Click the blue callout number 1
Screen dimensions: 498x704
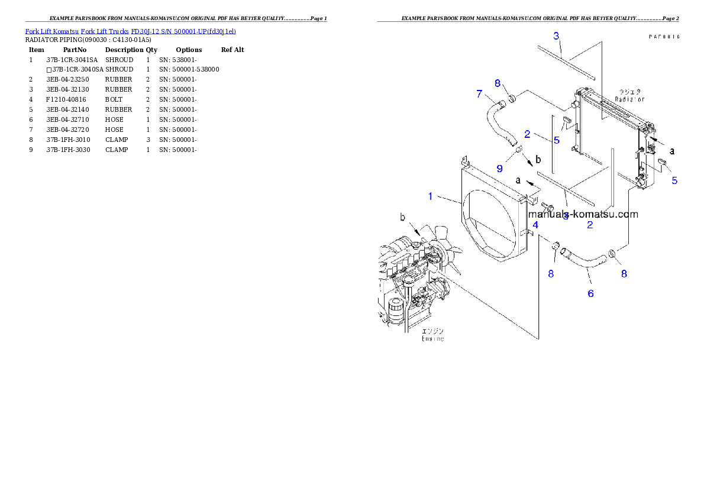click(x=431, y=196)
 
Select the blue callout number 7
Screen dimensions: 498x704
click(x=479, y=93)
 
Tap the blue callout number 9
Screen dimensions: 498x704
click(x=499, y=169)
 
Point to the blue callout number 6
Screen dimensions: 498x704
click(x=590, y=293)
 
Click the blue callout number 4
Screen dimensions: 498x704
click(x=535, y=225)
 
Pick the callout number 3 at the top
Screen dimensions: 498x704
click(x=556, y=35)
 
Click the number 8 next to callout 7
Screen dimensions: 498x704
click(x=498, y=83)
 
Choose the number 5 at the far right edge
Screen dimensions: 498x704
click(x=674, y=180)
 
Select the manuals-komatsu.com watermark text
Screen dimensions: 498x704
click(x=583, y=214)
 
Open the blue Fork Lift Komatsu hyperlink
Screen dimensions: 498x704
click(x=130, y=31)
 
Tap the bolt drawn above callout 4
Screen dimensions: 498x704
click(x=547, y=208)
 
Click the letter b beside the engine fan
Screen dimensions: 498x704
click(x=403, y=218)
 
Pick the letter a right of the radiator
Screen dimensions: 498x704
click(x=672, y=151)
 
